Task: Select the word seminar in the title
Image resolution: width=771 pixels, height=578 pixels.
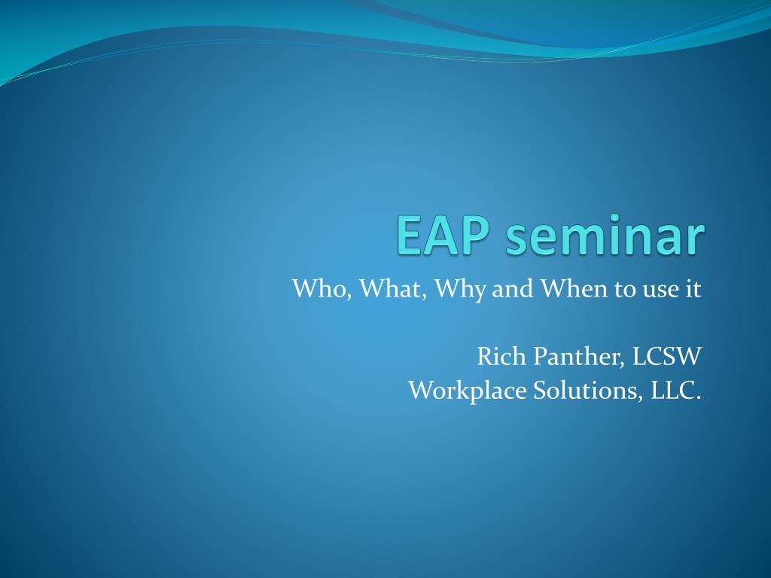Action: (x=605, y=235)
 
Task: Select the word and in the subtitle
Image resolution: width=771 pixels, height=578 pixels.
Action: (x=513, y=288)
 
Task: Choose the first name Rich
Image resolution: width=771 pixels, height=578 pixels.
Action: (x=501, y=356)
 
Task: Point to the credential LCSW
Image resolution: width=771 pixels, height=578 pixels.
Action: (x=666, y=357)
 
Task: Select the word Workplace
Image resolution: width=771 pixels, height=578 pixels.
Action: (x=468, y=391)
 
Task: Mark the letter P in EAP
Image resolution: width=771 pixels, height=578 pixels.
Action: (x=474, y=235)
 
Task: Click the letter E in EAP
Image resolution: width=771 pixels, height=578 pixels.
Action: (x=409, y=235)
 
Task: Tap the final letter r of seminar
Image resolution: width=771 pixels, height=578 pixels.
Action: (x=695, y=240)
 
